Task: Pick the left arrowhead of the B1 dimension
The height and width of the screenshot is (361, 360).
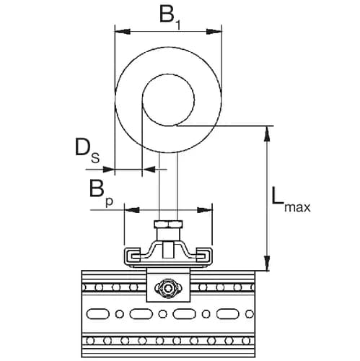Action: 120,30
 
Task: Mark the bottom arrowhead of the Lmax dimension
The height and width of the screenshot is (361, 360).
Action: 268,265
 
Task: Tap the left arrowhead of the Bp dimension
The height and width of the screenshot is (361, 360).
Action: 129,210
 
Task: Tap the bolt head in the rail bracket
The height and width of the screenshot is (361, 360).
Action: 167,290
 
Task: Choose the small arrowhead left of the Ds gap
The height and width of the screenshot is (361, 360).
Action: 110,170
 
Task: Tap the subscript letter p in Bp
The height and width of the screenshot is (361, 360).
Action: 109,201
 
